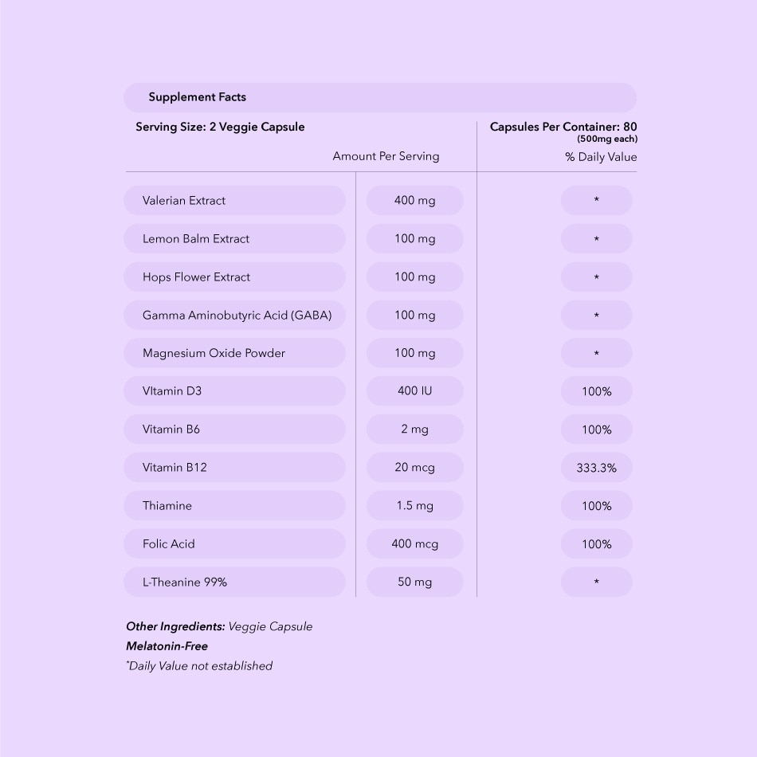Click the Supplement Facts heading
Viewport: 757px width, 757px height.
(x=197, y=97)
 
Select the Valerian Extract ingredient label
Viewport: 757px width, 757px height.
(x=184, y=201)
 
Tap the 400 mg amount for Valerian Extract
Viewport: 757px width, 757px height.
(x=414, y=201)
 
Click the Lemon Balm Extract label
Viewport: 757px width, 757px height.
(x=196, y=239)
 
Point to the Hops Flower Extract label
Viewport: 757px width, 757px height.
(x=196, y=277)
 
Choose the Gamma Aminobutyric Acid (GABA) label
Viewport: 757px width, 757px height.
(x=237, y=316)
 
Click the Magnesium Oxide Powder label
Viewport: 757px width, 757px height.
(x=214, y=353)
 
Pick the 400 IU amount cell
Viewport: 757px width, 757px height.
(x=414, y=391)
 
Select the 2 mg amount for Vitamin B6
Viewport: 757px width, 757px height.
(x=414, y=429)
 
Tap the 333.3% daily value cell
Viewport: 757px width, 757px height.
(x=596, y=468)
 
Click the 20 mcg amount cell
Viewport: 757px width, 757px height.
(x=414, y=468)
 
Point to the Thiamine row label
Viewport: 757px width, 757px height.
(x=167, y=506)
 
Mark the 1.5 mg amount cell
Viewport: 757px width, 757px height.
(x=414, y=506)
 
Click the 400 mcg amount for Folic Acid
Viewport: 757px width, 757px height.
(x=414, y=544)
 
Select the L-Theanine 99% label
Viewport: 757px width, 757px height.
(x=185, y=582)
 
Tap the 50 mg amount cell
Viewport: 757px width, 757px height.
(x=414, y=582)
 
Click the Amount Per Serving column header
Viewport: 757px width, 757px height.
(x=386, y=156)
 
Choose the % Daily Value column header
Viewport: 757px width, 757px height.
(x=601, y=157)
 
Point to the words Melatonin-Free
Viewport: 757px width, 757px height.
(x=167, y=646)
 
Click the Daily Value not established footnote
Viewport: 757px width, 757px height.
(x=199, y=666)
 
